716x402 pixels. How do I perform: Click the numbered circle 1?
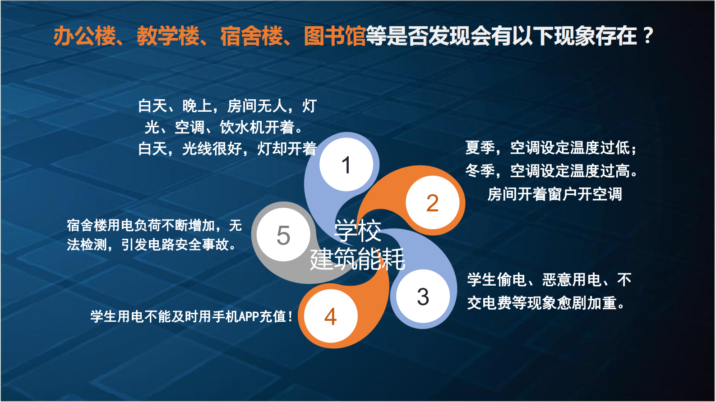(x=346, y=164)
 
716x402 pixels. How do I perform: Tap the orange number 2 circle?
(x=432, y=203)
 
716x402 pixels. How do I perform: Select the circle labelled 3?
(x=423, y=297)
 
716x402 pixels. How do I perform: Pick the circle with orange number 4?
(x=330, y=316)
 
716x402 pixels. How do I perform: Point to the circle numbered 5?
(x=283, y=235)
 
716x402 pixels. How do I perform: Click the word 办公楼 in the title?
(x=84, y=36)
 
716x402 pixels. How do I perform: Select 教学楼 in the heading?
(x=168, y=36)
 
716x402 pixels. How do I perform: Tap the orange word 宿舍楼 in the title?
(x=251, y=36)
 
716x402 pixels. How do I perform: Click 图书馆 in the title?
(x=334, y=36)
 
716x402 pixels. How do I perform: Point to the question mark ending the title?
(x=648, y=36)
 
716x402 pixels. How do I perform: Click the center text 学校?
(x=357, y=231)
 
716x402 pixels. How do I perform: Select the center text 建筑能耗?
(x=357, y=259)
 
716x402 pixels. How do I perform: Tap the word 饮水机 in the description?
(x=241, y=128)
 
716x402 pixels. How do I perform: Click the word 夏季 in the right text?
(x=480, y=148)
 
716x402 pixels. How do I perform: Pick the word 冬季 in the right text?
(x=480, y=171)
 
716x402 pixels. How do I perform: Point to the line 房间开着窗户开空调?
(x=554, y=194)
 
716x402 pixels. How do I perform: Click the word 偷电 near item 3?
(x=512, y=280)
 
